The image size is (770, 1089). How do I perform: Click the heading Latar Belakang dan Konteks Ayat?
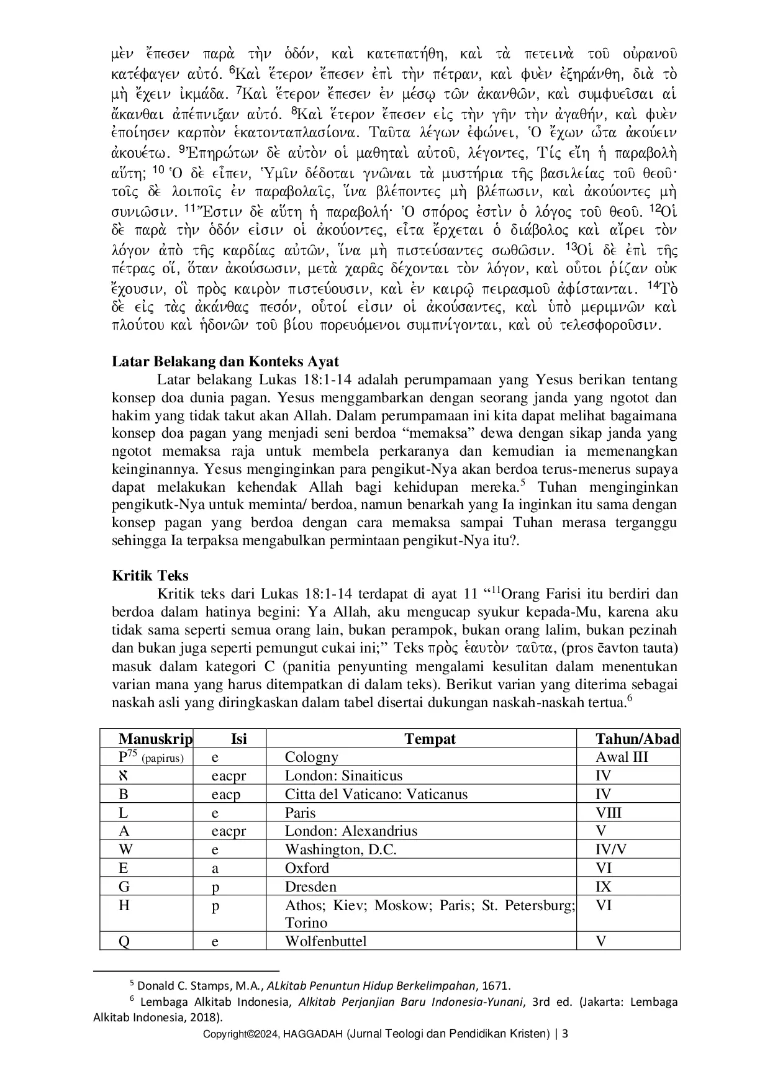[225, 361]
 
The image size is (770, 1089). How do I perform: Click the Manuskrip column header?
[155, 739]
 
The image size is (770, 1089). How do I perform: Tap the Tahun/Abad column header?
[637, 739]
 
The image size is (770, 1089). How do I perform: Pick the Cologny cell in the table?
[312, 757]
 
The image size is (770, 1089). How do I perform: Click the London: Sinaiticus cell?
[343, 776]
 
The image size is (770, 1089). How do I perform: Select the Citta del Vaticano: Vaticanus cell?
[376, 795]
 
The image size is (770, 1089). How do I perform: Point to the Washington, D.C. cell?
[340, 850]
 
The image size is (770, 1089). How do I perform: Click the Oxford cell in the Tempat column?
[307, 869]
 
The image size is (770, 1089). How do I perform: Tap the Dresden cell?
[310, 887]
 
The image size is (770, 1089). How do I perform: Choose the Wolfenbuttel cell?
[326, 942]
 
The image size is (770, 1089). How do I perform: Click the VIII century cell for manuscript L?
[609, 813]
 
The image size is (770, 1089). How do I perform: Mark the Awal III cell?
[622, 757]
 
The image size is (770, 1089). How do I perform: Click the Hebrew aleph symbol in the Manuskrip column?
[124, 776]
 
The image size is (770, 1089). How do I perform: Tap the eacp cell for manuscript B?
[225, 795]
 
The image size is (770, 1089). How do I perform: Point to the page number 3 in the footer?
[565, 1034]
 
